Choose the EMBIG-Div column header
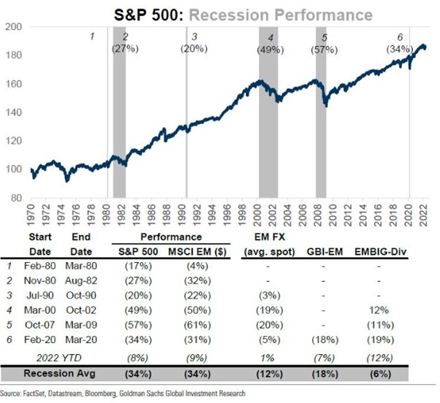point(388,252)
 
